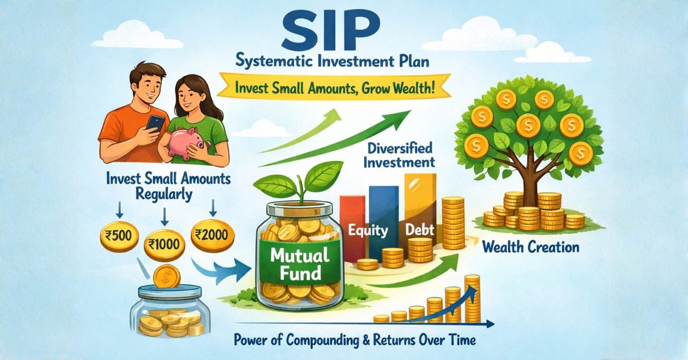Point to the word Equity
coord(368,232)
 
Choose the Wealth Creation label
coord(530,248)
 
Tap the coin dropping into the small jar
coord(166,277)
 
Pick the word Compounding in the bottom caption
coord(331,339)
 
